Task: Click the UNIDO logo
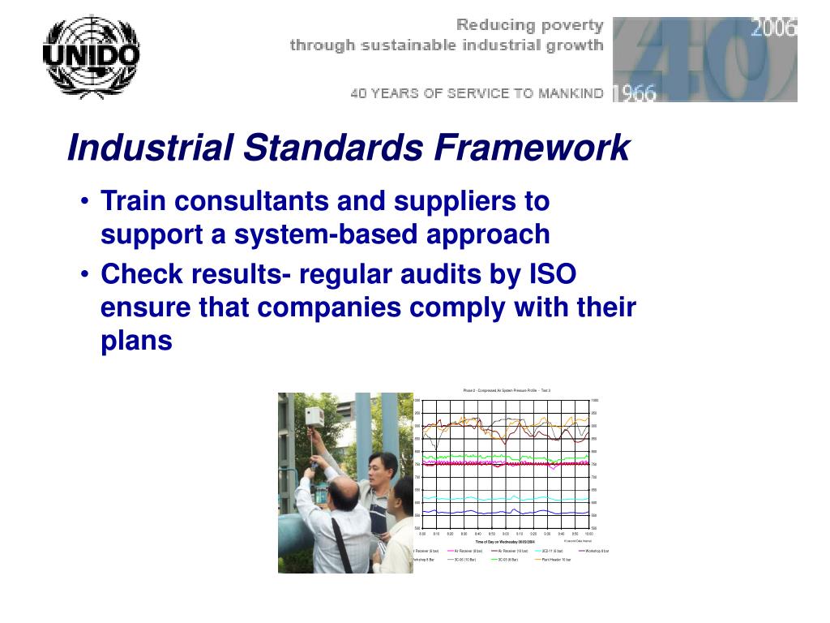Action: (x=90, y=57)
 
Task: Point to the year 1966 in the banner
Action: (x=635, y=92)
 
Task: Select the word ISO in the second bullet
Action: (x=552, y=275)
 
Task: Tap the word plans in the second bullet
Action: (x=136, y=342)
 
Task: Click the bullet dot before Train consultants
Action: (x=85, y=201)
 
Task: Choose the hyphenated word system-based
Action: (x=323, y=234)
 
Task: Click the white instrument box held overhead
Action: (x=314, y=416)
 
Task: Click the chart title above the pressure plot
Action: (x=507, y=390)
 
